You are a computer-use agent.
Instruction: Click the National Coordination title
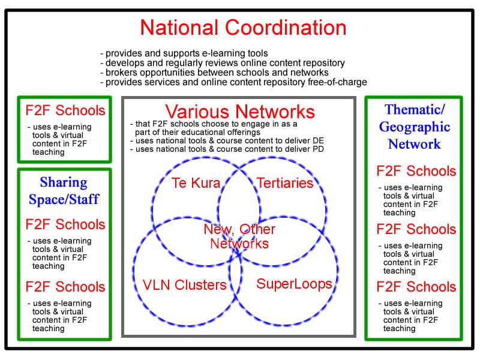[243, 28]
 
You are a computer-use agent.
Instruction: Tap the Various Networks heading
[240, 112]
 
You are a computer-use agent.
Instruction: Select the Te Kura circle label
[196, 183]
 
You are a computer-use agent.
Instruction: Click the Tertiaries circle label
[285, 183]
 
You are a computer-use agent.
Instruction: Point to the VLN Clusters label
[185, 284]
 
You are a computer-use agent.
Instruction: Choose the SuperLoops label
[294, 283]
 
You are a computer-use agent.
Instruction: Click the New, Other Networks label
[239, 236]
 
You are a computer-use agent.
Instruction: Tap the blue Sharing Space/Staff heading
[64, 191]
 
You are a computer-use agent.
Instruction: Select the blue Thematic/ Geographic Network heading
[414, 127]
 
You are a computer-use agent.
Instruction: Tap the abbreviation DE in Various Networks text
[319, 140]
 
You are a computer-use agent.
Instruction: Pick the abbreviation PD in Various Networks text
[318, 149]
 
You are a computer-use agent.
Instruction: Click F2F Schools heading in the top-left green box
[65, 111]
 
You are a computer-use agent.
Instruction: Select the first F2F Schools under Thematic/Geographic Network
[416, 171]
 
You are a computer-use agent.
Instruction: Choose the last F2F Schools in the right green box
[416, 287]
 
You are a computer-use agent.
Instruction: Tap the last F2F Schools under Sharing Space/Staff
[65, 287]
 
